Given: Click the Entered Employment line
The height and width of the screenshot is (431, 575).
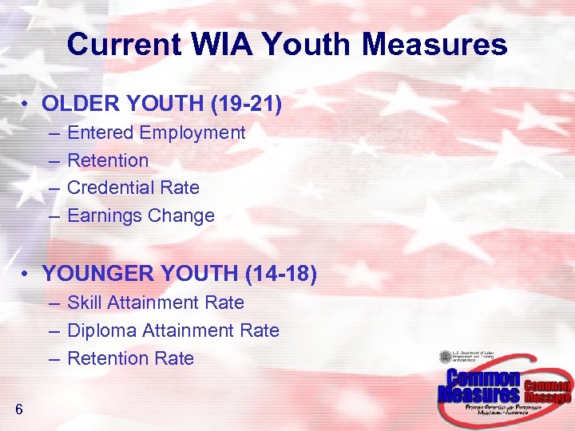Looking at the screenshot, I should pos(156,132).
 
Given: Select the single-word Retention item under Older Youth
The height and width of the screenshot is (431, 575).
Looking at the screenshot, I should pos(108,160).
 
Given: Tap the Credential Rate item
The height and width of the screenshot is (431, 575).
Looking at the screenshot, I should pos(133,188).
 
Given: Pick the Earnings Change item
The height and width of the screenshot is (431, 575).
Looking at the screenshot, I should pos(141,215).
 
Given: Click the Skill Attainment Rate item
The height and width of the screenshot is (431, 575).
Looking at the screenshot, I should pos(156,302).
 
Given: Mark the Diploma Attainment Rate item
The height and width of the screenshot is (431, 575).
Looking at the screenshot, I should pos(173,330).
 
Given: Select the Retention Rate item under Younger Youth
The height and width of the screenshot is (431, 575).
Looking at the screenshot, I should pos(130,358).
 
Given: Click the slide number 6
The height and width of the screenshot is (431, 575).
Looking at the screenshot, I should pos(18,410).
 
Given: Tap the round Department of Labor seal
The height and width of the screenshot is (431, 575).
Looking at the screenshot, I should pos(445,357).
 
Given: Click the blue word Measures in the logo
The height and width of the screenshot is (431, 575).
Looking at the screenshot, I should pos(478,394).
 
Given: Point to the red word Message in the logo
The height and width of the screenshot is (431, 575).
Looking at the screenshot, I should pos(548,397).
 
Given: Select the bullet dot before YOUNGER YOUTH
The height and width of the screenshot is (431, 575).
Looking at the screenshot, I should pos(26,275).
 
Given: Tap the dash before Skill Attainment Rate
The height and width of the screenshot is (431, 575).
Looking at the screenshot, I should pos(53,303).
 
